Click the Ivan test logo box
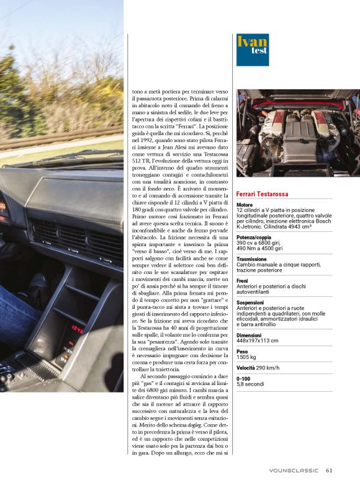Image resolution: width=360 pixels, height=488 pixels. point(252,50)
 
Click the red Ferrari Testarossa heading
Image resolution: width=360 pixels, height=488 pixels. point(269,195)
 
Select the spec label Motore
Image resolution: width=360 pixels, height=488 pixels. point(245,205)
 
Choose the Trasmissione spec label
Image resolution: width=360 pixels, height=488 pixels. point(252,260)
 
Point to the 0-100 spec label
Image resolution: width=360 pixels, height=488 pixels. point(244,378)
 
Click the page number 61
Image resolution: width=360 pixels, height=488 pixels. point(329,470)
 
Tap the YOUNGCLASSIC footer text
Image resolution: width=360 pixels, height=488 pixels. point(294,470)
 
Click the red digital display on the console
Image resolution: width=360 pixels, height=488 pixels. point(78,329)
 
